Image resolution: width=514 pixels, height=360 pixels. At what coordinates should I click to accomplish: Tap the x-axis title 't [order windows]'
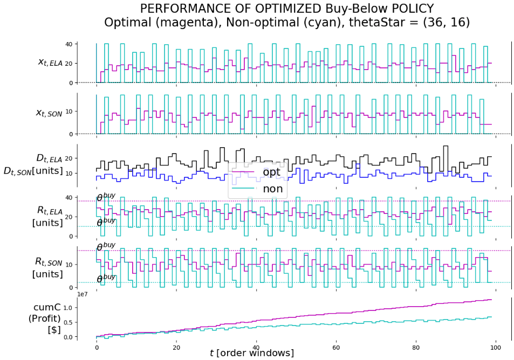coord(252,353)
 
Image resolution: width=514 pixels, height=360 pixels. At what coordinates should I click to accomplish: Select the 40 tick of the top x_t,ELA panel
coord(70,44)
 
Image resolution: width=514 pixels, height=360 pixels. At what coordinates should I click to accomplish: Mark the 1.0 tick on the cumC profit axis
coord(68,308)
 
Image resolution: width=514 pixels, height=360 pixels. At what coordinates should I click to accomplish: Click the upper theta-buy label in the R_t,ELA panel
coord(106,198)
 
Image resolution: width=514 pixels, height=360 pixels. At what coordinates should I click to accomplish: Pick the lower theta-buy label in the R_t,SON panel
coord(106,278)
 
